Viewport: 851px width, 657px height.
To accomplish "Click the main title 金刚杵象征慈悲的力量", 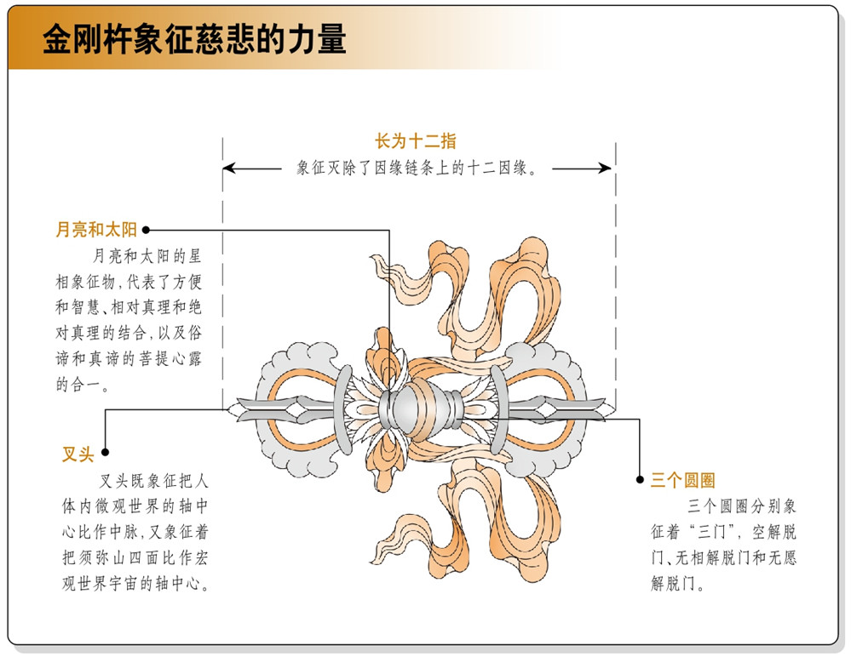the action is (194, 39).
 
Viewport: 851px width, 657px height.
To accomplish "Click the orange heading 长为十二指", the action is (416, 141).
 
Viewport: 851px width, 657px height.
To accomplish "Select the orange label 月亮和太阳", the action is (96, 229).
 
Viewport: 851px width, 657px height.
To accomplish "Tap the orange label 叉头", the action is (78, 454).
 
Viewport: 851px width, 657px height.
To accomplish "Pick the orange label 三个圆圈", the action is (682, 480).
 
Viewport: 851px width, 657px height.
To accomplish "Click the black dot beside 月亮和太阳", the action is (146, 230).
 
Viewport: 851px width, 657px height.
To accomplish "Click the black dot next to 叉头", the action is (106, 452).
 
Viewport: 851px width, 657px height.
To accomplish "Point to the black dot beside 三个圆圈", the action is (640, 480).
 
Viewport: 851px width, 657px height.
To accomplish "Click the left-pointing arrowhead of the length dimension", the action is (229, 168).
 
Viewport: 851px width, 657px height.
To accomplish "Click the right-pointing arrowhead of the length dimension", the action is (605, 168).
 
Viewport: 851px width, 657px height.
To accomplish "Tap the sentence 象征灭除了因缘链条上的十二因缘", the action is (417, 168).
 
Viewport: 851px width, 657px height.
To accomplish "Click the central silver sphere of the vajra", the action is (406, 408).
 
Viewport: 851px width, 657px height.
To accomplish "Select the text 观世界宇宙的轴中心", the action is (135, 583).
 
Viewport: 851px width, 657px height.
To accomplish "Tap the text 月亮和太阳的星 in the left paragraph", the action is (147, 255).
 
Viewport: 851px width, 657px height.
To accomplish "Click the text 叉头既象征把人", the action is (154, 480).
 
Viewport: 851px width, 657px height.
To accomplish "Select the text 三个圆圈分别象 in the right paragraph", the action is (742, 506).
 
